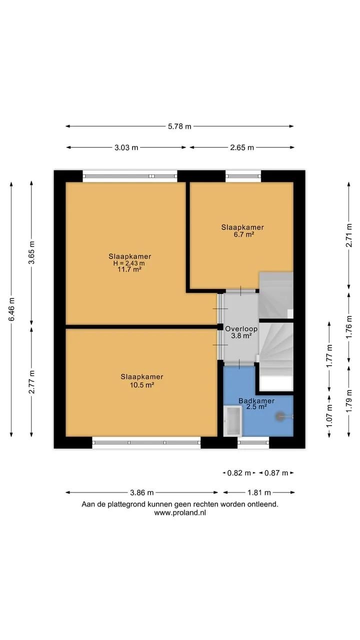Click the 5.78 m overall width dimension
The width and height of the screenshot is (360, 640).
[179, 126]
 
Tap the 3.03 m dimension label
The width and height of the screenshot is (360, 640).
[126, 147]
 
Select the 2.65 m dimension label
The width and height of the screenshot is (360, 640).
[242, 147]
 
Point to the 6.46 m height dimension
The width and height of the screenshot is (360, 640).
[11, 309]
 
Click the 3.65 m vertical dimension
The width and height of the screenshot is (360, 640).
[31, 252]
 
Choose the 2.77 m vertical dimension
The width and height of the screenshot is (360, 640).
[31, 381]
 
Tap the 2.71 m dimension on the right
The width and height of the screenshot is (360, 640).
[349, 235]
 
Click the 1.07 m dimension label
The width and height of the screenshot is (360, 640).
[329, 416]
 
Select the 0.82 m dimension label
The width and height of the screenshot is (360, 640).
[239, 473]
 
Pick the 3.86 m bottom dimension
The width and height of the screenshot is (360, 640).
[141, 492]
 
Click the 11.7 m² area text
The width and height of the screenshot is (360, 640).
[129, 269]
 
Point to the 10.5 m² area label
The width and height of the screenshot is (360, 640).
[142, 385]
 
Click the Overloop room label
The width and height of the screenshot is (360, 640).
[241, 328]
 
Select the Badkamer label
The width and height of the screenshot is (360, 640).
[256, 400]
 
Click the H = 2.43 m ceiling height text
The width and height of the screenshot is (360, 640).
[129, 263]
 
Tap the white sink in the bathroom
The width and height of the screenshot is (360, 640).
[232, 421]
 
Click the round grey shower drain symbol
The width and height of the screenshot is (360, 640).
[280, 416]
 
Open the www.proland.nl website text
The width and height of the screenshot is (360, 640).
[180, 512]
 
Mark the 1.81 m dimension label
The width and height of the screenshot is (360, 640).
[259, 492]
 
